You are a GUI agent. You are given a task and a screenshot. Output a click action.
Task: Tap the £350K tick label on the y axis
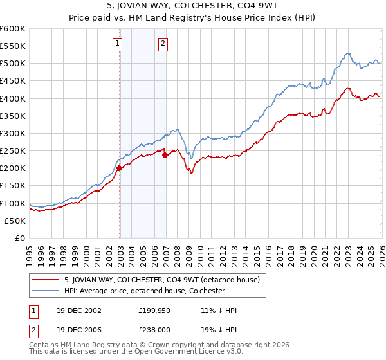coord(13,116)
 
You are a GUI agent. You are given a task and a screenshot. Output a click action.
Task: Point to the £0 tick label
coord(21,238)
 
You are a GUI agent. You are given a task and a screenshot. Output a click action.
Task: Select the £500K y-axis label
coord(13,63)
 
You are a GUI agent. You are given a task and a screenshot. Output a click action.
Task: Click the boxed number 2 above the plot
coord(163,44)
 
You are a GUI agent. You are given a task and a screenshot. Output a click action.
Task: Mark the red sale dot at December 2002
coord(120,168)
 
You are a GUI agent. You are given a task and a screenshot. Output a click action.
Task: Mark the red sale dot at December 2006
coord(165,155)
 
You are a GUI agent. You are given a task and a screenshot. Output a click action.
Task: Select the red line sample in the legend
coord(46,280)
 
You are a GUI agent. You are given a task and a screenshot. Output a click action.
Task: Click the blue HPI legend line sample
coord(46,291)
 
